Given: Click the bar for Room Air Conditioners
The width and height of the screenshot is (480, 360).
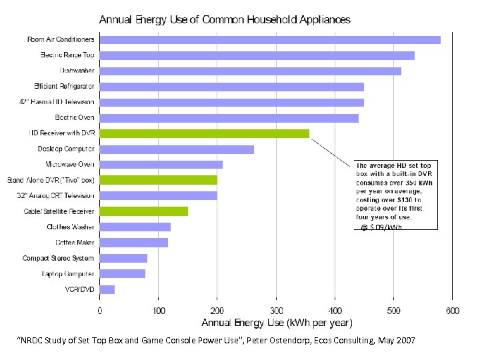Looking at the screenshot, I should click(x=270, y=40).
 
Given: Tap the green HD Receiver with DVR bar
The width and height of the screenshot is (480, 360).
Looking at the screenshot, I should click(x=205, y=133).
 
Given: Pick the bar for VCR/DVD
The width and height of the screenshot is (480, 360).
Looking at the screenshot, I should click(x=107, y=289).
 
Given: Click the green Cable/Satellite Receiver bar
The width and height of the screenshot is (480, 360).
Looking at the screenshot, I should click(x=144, y=211).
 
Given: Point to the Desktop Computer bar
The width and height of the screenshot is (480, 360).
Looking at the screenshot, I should click(x=177, y=149).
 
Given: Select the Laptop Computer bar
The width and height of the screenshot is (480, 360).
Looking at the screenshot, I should click(x=123, y=273).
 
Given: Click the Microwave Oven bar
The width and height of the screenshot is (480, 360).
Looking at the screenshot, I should click(x=161, y=165).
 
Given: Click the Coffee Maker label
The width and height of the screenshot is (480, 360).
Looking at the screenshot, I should click(x=75, y=243).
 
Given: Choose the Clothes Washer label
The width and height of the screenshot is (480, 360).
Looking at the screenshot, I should click(x=71, y=227).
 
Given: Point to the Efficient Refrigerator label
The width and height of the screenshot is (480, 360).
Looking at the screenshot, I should click(x=64, y=87).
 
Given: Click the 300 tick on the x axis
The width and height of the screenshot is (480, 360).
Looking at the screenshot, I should click(x=276, y=311).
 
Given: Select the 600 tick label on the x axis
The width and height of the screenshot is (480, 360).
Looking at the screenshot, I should click(x=452, y=311).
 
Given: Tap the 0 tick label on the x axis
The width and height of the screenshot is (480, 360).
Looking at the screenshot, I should click(x=100, y=311).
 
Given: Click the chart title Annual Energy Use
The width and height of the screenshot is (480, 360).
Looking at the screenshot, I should click(x=225, y=20).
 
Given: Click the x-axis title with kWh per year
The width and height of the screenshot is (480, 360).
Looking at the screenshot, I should click(x=277, y=324).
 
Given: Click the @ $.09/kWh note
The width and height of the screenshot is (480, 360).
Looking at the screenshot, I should click(x=381, y=227).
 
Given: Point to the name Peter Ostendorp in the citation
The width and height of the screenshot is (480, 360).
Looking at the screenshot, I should click(x=290, y=341).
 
